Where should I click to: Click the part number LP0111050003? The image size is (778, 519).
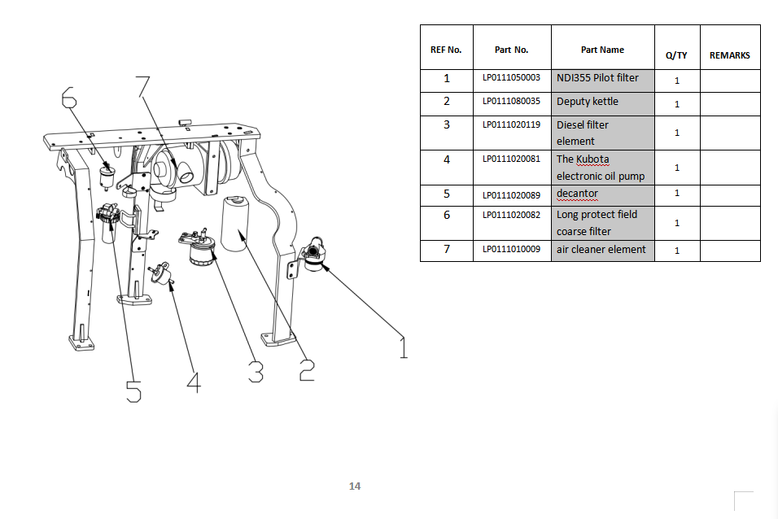point(511,78)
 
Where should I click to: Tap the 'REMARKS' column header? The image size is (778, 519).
point(729,55)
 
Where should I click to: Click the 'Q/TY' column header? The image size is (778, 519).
point(676,55)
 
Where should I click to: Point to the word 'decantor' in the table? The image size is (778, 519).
point(577,194)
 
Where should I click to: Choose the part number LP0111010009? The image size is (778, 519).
point(511,249)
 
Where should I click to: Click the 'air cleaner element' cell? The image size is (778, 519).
point(601,249)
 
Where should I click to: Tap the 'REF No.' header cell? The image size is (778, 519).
point(446,50)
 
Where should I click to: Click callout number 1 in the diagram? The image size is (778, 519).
point(402,346)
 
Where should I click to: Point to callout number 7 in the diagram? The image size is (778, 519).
point(143,85)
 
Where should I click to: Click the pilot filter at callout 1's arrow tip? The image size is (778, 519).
point(313,255)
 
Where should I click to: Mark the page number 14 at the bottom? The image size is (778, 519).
point(354,486)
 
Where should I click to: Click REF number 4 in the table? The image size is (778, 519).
point(446,159)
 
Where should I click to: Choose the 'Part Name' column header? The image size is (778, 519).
point(602,50)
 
